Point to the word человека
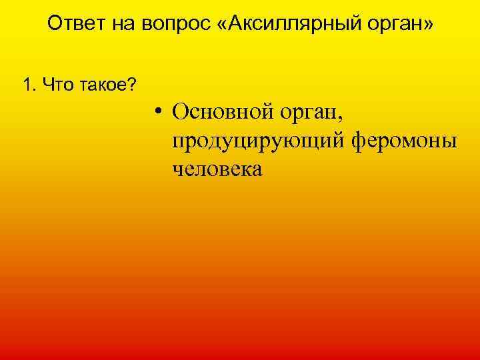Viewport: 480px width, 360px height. (217, 169)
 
